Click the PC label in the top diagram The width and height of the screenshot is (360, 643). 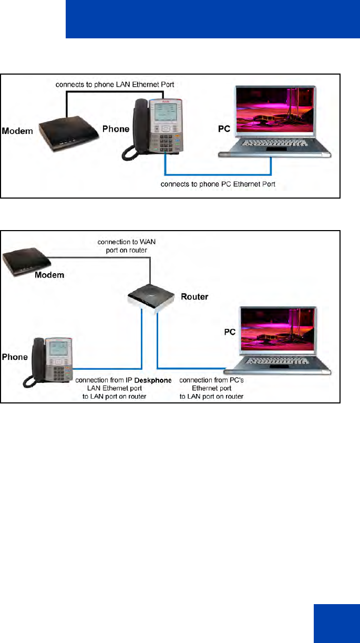pos(224,128)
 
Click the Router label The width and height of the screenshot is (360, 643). pos(194,297)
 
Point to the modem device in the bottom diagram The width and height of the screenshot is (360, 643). pos(26,261)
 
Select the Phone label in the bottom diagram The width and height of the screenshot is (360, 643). pos(15,357)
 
